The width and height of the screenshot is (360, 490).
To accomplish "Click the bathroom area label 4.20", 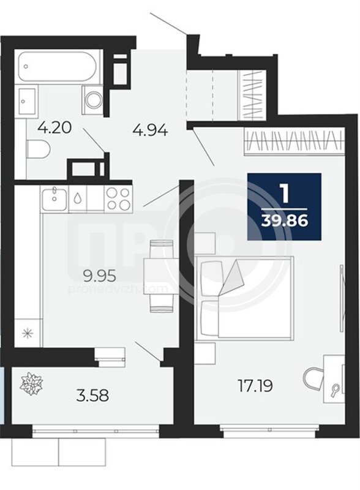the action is tap(54, 128).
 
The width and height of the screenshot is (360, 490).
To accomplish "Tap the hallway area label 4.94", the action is tap(151, 129).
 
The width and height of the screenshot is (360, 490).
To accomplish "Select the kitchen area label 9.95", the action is tap(99, 276).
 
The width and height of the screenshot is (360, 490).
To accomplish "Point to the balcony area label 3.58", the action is tap(92, 395).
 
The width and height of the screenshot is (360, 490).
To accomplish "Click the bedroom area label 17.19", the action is tap(255, 386).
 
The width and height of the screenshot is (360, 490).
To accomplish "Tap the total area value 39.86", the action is tap(285, 221).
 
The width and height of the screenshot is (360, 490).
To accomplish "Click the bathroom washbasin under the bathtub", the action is tap(27, 101).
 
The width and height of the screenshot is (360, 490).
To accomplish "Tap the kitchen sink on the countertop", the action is tap(54, 200).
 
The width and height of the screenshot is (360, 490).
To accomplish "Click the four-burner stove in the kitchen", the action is tap(118, 198).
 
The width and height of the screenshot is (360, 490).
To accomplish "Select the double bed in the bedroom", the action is tap(244, 298).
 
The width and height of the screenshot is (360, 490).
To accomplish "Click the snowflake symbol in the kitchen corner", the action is tap(29, 333).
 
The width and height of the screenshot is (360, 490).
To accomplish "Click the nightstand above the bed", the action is tap(205, 243).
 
